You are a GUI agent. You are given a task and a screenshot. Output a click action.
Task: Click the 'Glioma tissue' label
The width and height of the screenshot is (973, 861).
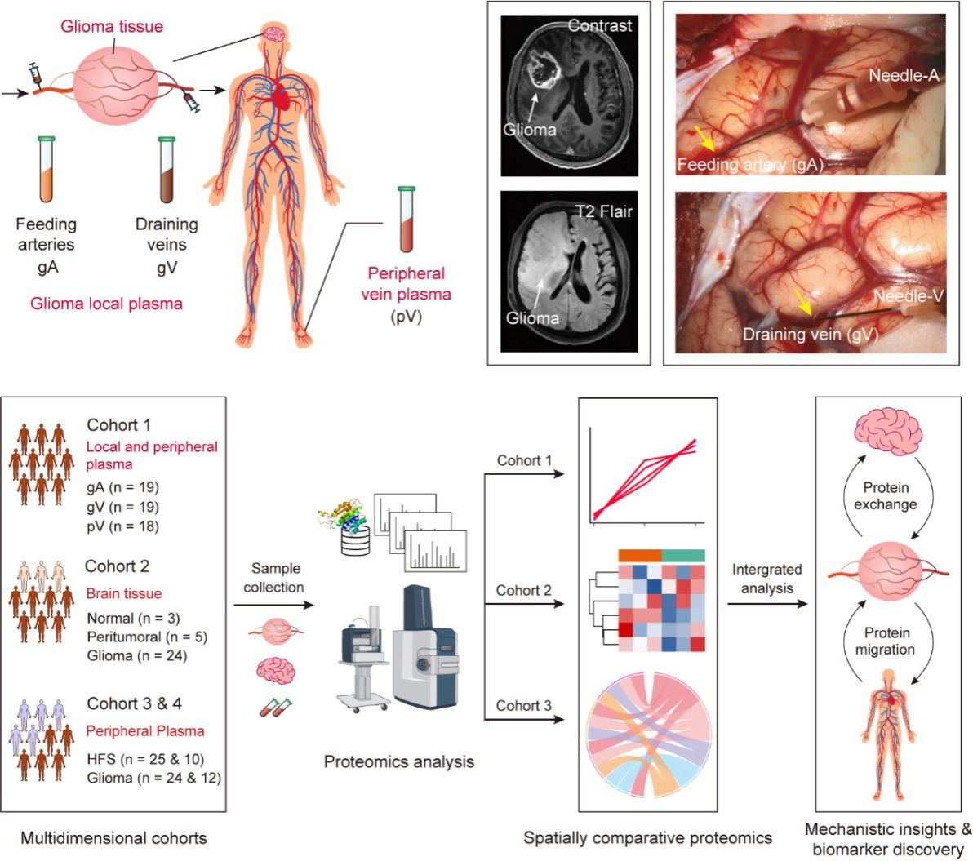(112, 26)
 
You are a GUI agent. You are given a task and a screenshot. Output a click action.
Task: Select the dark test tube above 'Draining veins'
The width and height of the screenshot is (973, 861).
(167, 171)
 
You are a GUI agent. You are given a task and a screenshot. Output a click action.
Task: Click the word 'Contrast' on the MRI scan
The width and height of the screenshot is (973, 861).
(600, 25)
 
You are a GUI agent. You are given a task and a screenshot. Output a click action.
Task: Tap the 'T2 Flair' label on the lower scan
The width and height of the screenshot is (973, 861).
(603, 212)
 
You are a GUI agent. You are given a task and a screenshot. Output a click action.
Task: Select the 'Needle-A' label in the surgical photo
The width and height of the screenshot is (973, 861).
(904, 76)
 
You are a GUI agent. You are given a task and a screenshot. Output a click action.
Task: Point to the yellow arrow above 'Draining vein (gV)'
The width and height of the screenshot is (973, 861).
(804, 303)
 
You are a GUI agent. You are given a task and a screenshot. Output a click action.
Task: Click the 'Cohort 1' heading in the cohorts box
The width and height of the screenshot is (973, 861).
(118, 425)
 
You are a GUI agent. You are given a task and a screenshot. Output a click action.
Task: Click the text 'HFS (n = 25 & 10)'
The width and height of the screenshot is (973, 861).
(145, 760)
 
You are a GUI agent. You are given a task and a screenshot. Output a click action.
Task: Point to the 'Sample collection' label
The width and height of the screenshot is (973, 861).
(276, 578)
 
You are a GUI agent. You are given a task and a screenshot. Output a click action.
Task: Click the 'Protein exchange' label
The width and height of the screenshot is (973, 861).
(886, 496)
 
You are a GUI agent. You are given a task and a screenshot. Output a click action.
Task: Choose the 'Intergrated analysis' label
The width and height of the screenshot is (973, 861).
(766, 578)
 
